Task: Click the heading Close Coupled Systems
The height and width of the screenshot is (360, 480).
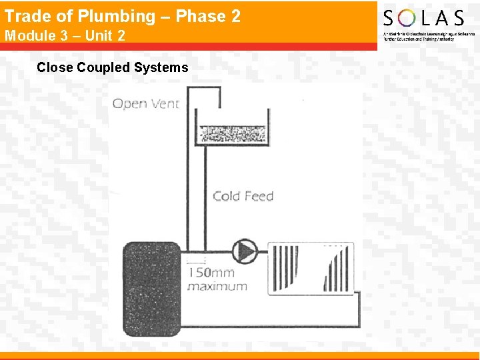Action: point(113,67)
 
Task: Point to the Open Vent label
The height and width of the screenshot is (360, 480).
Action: point(145,103)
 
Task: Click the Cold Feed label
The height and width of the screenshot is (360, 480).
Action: point(243,196)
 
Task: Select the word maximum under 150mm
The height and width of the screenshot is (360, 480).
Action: point(217,287)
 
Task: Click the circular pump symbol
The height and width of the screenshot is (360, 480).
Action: point(245,251)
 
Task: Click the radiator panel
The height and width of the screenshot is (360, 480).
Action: point(311,269)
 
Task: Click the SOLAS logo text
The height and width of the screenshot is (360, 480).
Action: point(423,18)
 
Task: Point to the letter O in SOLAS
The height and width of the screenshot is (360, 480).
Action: point(408,18)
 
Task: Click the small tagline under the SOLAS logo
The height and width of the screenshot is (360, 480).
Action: point(419,36)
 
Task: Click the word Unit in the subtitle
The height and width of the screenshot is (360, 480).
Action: point(98,35)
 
